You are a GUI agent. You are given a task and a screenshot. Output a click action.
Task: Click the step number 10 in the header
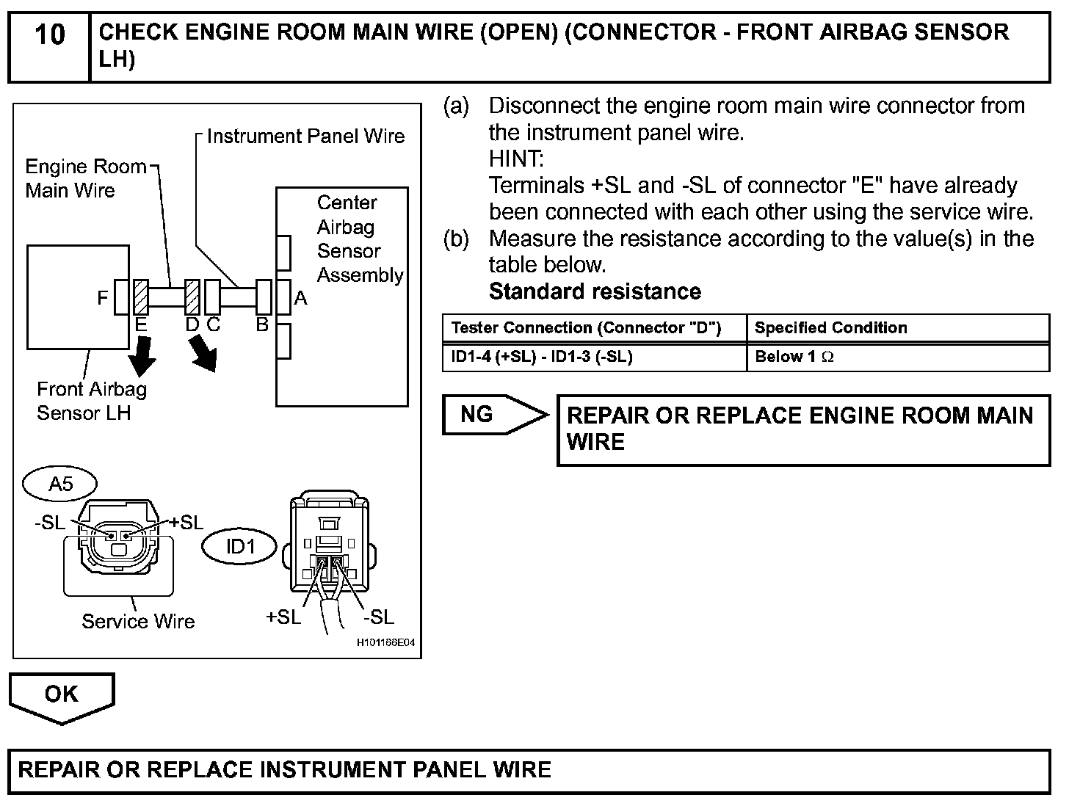pyautogui.click(x=50, y=35)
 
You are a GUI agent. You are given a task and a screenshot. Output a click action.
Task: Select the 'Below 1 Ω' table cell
pyautogui.click(x=898, y=357)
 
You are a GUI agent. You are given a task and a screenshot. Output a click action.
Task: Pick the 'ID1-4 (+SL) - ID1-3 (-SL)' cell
pyautogui.click(x=594, y=357)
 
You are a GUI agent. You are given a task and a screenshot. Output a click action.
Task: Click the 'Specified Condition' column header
pyautogui.click(x=898, y=327)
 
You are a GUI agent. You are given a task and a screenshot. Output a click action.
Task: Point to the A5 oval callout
pyautogui.click(x=60, y=484)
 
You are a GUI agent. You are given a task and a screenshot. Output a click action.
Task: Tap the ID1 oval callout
pyautogui.click(x=239, y=547)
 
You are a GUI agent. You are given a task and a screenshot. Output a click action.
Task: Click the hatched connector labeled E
pyautogui.click(x=141, y=297)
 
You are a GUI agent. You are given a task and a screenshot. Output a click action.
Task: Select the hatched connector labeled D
pyautogui.click(x=192, y=297)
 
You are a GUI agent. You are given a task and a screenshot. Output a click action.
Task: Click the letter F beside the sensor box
pyautogui.click(x=102, y=297)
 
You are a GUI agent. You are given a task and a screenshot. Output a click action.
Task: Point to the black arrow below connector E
pyautogui.click(x=142, y=356)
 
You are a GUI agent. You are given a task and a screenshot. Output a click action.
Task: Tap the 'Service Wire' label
pyautogui.click(x=138, y=622)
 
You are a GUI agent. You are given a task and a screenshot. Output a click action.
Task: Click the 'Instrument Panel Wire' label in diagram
pyautogui.click(x=306, y=137)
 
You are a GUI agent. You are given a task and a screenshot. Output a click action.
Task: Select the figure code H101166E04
pyautogui.click(x=385, y=642)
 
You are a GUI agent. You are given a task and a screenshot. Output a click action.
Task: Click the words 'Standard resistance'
pyautogui.click(x=595, y=291)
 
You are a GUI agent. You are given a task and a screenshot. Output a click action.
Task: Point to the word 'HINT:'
pyautogui.click(x=516, y=159)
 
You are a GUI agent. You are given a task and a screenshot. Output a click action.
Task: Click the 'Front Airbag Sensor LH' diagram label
pyautogui.click(x=92, y=401)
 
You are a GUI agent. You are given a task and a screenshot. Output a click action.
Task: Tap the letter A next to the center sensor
pyautogui.click(x=300, y=297)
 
